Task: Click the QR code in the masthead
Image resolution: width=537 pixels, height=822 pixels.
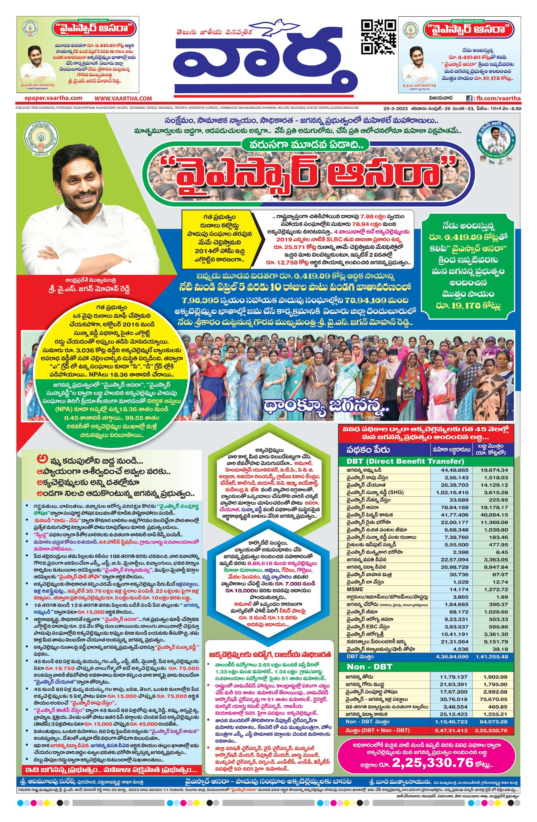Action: coord(378,37)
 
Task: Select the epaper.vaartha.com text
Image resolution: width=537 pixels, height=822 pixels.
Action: coord(49,98)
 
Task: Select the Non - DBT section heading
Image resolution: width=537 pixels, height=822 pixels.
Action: coord(369,667)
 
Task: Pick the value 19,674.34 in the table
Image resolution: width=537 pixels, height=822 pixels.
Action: coord(495,470)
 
